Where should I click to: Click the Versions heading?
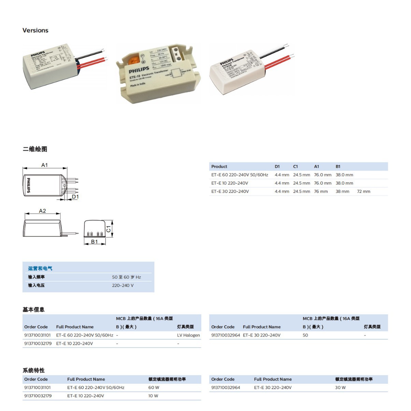(x=35, y=30)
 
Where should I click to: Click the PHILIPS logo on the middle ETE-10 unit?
(x=139, y=70)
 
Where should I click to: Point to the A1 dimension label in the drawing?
(x=45, y=165)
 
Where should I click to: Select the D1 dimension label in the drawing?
(x=75, y=197)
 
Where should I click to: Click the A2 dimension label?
(x=42, y=211)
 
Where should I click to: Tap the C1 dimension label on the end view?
(x=109, y=229)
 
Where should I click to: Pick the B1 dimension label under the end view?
(x=94, y=242)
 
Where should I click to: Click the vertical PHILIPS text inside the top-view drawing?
(x=28, y=185)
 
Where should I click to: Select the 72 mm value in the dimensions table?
(x=363, y=192)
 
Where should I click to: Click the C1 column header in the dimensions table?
(x=295, y=167)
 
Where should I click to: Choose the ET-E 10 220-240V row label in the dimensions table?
(x=229, y=183)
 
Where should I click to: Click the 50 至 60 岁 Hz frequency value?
(x=126, y=277)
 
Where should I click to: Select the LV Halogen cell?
(x=188, y=335)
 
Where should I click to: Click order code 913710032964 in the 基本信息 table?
(x=225, y=335)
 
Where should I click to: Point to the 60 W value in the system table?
(x=154, y=388)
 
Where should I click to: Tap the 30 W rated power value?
(x=340, y=388)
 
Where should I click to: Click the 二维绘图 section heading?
(x=35, y=149)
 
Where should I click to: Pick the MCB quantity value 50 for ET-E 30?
(x=305, y=335)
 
